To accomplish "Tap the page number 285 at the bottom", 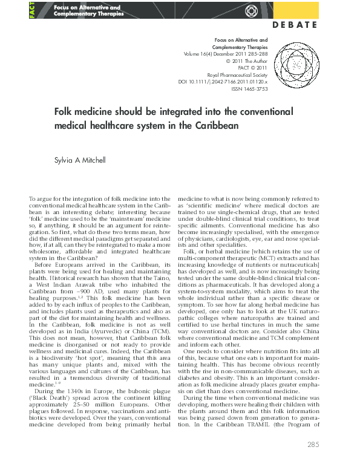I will [313, 462].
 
